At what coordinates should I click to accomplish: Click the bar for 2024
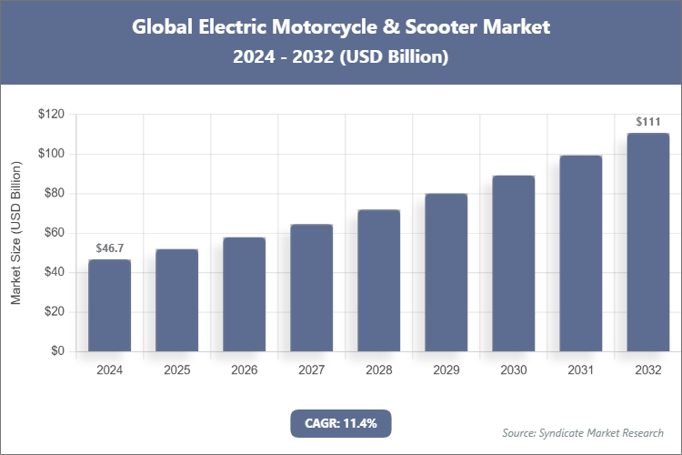(x=109, y=306)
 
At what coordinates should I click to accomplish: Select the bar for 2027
(x=311, y=288)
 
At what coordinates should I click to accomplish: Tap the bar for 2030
(x=513, y=264)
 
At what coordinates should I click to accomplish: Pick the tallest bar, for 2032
(x=647, y=242)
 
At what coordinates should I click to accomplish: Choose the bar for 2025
(x=176, y=300)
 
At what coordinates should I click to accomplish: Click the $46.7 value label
(x=109, y=248)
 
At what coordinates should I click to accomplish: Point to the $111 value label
(x=647, y=121)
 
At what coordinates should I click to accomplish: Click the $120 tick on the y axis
(x=51, y=115)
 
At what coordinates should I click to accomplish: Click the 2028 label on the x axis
(x=378, y=370)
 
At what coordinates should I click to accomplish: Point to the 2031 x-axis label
(x=580, y=370)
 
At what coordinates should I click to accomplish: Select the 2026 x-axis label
(x=244, y=370)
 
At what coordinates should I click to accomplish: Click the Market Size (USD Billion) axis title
(x=16, y=233)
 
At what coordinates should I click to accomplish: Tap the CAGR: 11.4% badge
(x=340, y=423)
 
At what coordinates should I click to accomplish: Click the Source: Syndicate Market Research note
(x=582, y=432)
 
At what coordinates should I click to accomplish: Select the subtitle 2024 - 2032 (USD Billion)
(x=340, y=56)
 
